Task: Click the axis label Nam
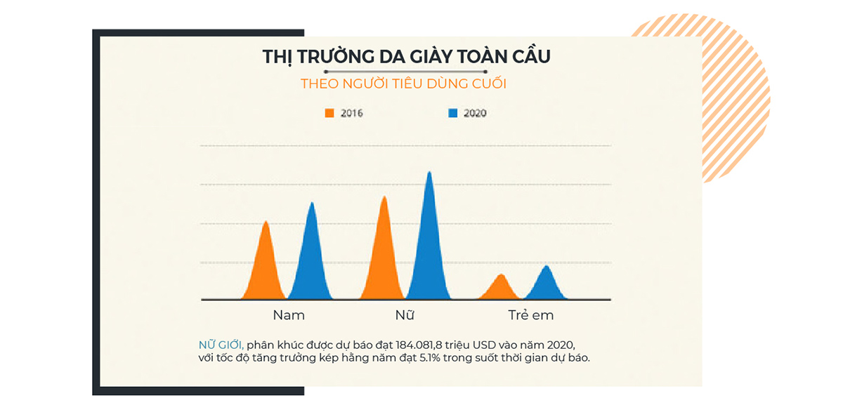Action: tap(289, 315)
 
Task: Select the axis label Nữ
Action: tap(405, 315)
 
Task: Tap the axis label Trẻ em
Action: tap(531, 315)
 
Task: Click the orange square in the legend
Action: tap(328, 112)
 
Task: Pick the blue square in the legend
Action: tap(452, 112)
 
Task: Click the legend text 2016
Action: tap(351, 113)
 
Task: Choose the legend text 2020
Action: tap(475, 113)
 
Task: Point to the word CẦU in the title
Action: tap(526, 57)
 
